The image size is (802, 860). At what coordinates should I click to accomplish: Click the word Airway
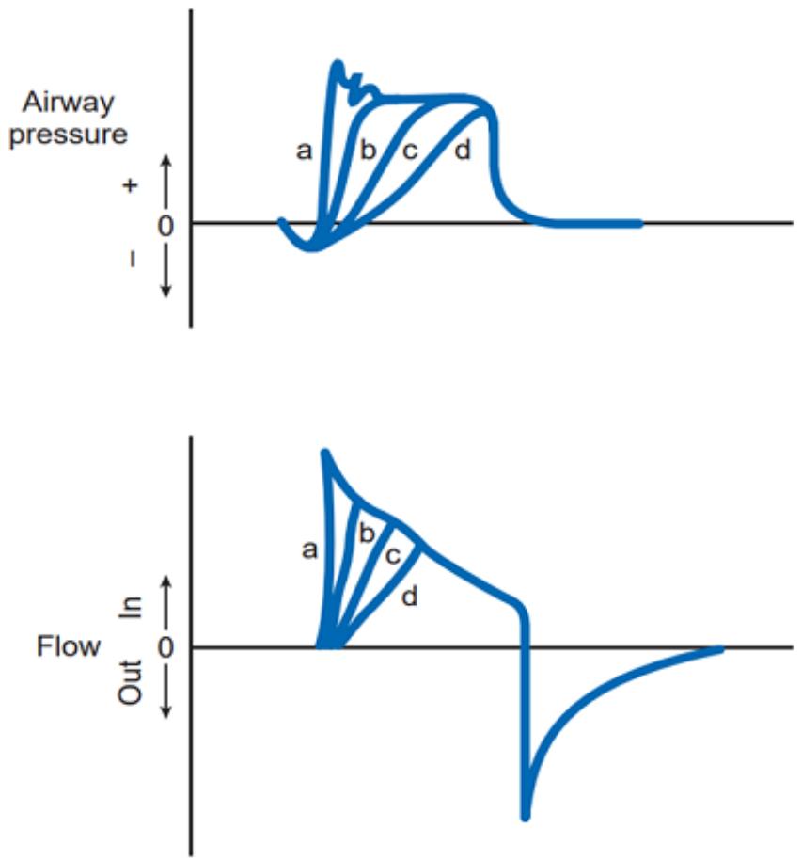(68, 103)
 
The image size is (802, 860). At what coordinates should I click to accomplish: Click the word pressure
(69, 135)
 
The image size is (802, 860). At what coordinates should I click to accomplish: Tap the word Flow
(69, 646)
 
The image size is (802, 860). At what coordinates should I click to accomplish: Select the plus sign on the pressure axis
(130, 185)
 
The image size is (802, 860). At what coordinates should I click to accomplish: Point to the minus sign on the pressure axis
(133, 260)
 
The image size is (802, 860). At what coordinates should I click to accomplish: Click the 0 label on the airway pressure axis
(165, 226)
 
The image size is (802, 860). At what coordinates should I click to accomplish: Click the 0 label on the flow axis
(165, 647)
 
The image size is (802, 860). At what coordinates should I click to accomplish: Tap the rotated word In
(131, 608)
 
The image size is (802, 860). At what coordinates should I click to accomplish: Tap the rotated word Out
(131, 681)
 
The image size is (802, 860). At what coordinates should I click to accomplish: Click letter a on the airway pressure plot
(304, 151)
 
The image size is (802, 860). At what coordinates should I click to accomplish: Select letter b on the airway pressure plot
(368, 150)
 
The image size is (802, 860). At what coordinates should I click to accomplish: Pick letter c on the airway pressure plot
(410, 151)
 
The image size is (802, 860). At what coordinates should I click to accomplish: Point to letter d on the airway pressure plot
(463, 150)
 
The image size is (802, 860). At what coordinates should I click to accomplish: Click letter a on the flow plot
(309, 549)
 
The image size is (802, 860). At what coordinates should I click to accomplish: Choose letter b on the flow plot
(366, 532)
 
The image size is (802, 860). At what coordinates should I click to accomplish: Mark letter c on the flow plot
(392, 556)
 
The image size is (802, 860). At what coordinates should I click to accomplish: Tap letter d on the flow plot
(409, 596)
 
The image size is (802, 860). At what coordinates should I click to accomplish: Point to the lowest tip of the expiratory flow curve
(525, 819)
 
